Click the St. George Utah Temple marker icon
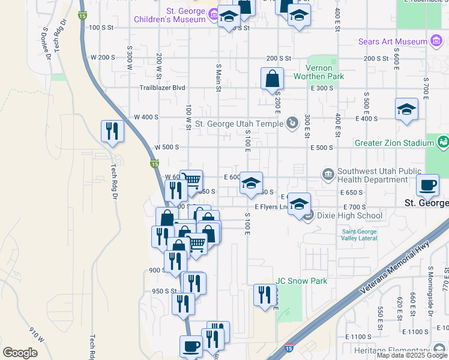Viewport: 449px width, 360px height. [x=292, y=124]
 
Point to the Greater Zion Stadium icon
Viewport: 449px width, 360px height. [x=443, y=143]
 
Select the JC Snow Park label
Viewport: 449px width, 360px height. [x=301, y=281]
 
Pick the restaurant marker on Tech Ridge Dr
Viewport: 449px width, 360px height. [x=112, y=130]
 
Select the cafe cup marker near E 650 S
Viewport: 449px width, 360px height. [x=427, y=185]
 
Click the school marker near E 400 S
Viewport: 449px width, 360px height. [x=406, y=110]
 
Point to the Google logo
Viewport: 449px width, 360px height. [x=20, y=352]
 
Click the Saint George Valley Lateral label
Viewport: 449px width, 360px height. [x=359, y=235]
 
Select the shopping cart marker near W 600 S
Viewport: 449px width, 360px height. [x=191, y=181]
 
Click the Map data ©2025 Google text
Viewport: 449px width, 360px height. [x=412, y=355]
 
